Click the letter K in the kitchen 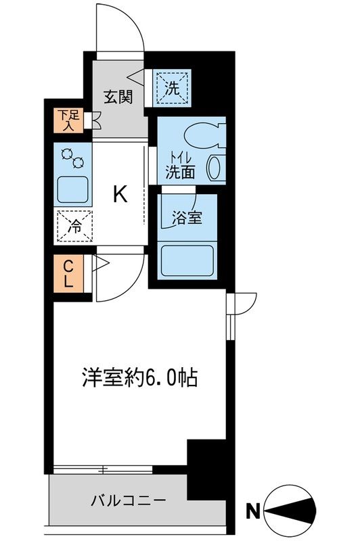tap(120, 195)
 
